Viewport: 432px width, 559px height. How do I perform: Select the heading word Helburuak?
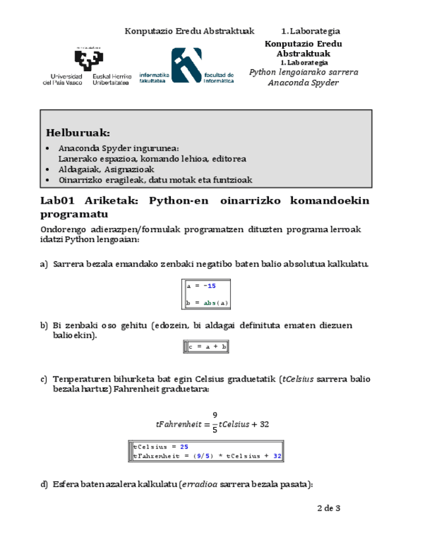click(x=73, y=134)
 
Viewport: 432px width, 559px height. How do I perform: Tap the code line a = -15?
click(x=201, y=286)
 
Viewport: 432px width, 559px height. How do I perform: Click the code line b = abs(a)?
click(x=208, y=303)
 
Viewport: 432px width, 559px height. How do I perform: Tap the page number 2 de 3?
click(x=328, y=508)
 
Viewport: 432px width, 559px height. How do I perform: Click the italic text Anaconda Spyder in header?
click(x=303, y=82)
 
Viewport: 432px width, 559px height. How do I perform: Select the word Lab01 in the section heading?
click(x=59, y=200)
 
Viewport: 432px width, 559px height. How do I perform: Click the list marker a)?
click(x=44, y=264)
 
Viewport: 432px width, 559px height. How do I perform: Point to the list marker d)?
click(x=44, y=485)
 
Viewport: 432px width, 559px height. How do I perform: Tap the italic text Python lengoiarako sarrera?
click(x=303, y=72)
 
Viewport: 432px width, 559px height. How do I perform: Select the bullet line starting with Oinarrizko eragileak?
click(x=155, y=180)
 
